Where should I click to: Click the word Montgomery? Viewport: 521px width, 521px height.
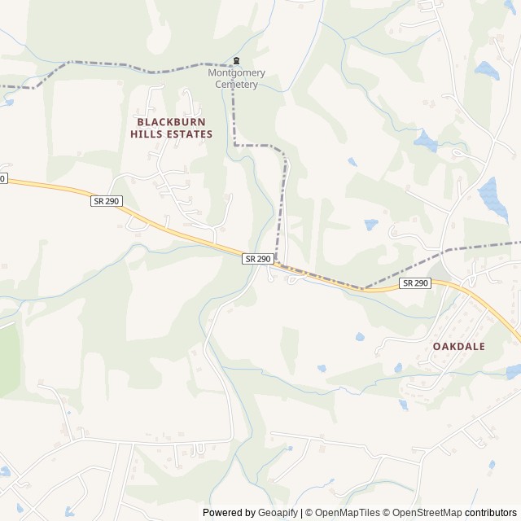point(236,72)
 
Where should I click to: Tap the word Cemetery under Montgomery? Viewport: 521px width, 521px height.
point(236,84)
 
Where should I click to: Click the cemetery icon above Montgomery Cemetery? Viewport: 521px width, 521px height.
point(237,60)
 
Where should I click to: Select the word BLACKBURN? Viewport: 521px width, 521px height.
point(175,121)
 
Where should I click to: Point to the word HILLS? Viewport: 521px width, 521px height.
point(148,134)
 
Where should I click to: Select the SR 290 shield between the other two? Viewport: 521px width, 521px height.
point(257,258)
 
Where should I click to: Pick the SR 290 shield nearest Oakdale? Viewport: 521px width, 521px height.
point(414,282)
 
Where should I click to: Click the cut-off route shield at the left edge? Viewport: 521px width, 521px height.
point(2,178)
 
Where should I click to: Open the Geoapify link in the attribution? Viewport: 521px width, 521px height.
point(278,513)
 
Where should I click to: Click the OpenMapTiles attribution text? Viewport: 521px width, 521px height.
point(347,513)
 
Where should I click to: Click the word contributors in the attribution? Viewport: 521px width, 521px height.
point(491,513)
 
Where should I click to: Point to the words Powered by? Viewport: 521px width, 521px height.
point(228,513)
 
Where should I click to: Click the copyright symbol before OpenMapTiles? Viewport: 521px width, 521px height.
point(309,513)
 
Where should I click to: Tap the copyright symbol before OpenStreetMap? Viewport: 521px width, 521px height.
point(387,513)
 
